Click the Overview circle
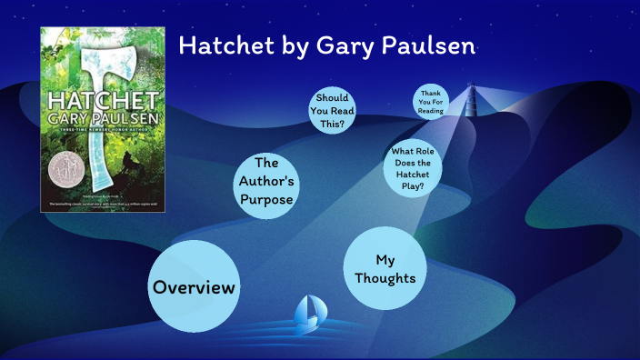[194, 286]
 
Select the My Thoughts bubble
[385, 268]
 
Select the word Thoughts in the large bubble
[385, 278]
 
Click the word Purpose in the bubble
[266, 200]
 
